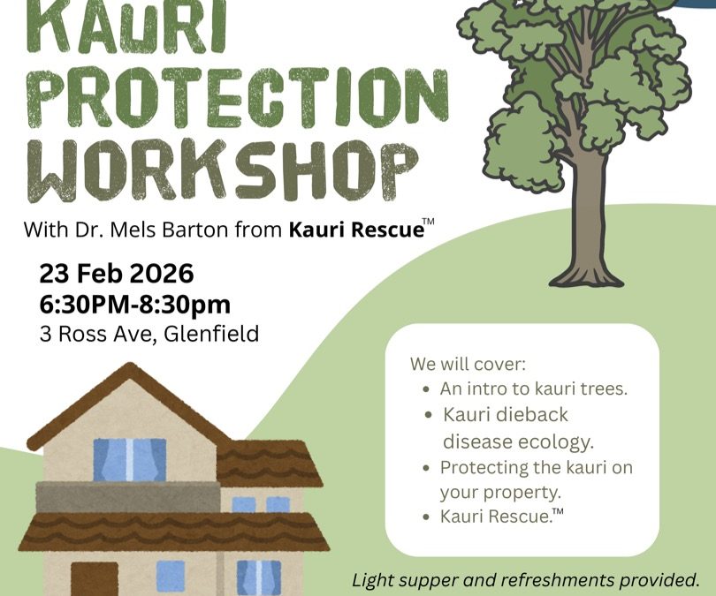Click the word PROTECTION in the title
point(239,97)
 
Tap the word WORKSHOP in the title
point(223,170)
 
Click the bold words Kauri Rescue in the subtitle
point(356,230)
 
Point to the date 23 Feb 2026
point(117,274)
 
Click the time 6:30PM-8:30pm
point(134,305)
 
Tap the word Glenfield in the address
point(211,334)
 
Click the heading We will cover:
point(468,364)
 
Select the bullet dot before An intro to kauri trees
point(426,390)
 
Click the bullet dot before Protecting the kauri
point(426,468)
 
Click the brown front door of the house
point(95,578)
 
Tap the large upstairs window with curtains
point(130,460)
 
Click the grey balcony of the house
point(128,497)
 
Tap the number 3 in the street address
point(45,335)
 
